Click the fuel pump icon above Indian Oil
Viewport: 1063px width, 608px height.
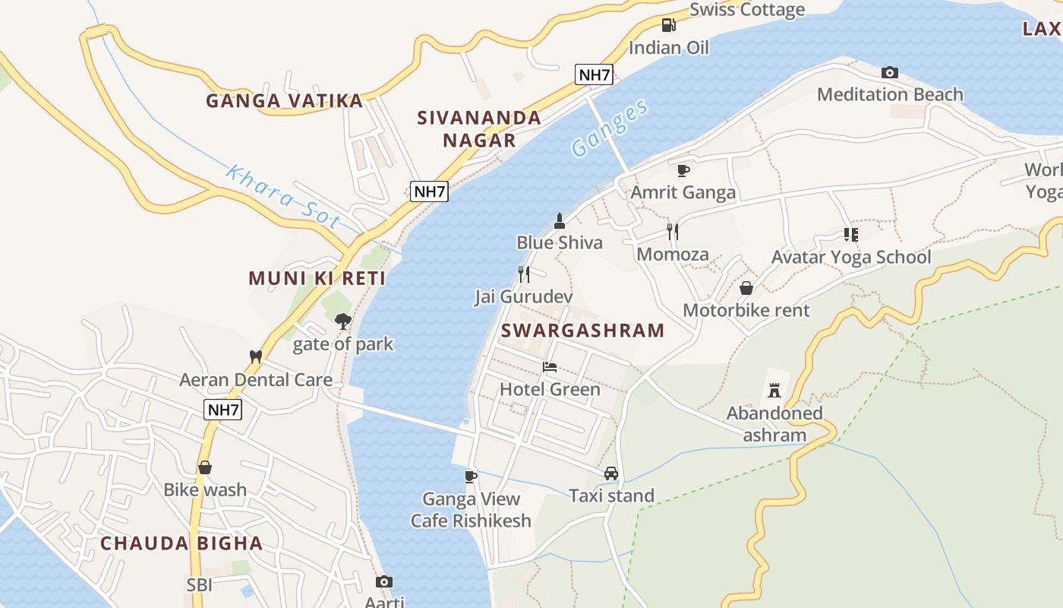pos(668,25)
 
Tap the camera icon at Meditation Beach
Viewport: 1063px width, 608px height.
pos(890,73)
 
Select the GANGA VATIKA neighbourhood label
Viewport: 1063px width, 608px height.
pos(285,100)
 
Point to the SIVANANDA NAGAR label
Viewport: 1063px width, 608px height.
pos(479,128)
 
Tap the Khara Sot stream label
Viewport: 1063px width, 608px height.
pos(282,197)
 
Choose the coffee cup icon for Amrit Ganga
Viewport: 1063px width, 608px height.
pos(683,170)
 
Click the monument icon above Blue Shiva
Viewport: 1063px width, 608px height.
pos(560,221)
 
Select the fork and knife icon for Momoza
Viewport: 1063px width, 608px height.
pos(672,231)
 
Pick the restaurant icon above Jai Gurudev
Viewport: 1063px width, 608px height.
pos(523,274)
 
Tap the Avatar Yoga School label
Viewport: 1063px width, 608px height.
pos(850,257)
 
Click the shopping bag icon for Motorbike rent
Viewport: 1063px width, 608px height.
pos(746,288)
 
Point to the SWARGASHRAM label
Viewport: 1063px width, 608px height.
pos(582,331)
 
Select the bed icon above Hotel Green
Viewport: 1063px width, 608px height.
pos(550,367)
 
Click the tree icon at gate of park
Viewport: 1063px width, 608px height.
pos(343,321)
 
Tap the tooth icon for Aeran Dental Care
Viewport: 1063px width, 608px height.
pos(256,356)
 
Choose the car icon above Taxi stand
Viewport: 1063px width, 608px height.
pos(611,473)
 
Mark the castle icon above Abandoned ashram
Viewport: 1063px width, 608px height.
pos(774,391)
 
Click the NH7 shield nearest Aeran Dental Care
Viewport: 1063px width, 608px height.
pos(223,410)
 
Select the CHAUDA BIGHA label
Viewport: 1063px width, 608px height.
pos(181,543)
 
